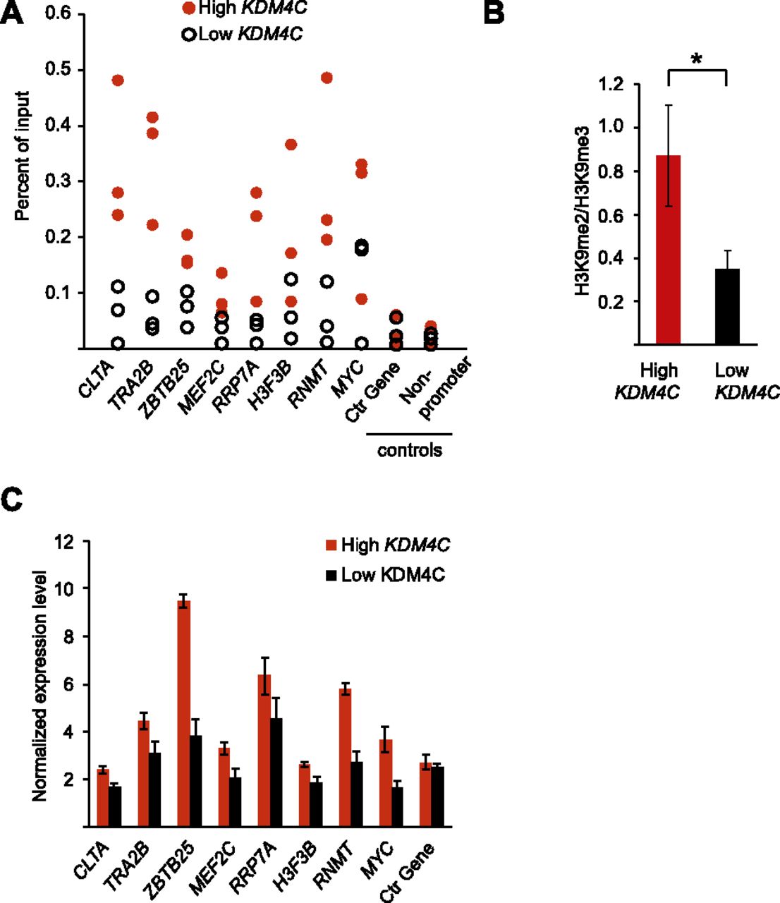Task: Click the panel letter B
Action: tap(494, 13)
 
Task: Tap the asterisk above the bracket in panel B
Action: tap(697, 61)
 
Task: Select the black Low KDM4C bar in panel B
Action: tap(726, 306)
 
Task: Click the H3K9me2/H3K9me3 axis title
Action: tap(582, 212)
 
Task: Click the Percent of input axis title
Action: tap(23, 156)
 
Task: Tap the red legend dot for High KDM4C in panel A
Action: tap(189, 9)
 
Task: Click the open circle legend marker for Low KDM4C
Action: tap(189, 34)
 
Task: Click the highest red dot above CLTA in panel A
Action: tap(118, 80)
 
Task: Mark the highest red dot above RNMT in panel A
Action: tap(327, 78)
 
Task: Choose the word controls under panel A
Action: tap(410, 450)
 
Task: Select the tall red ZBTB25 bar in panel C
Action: tap(184, 713)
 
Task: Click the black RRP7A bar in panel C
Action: tap(277, 772)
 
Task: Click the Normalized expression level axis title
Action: tap(39, 685)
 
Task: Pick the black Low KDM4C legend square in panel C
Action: tap(331, 576)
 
